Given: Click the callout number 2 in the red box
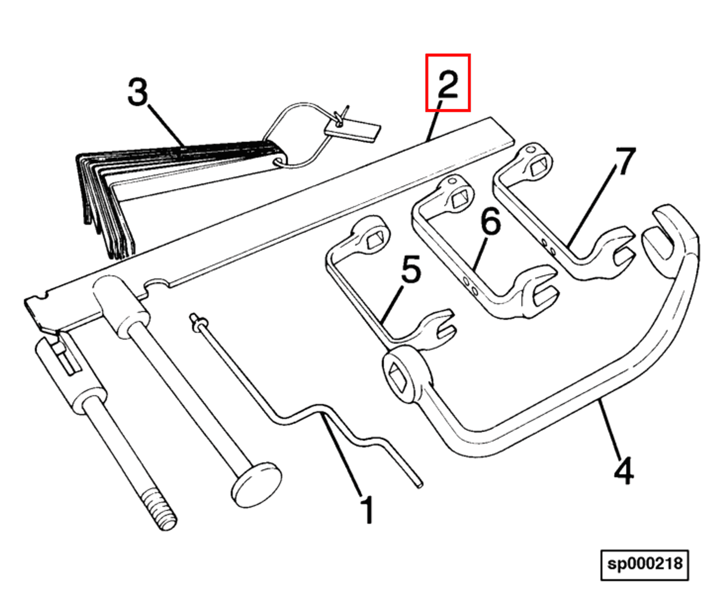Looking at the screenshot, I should coord(448,84).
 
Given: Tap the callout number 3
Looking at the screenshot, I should coord(138,92).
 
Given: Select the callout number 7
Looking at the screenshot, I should coord(625,161).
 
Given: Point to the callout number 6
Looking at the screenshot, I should coord(491,221).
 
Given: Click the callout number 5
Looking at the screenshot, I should coord(411,270).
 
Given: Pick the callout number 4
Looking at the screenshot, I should coord(624,470).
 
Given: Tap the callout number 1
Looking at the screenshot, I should coord(368,510).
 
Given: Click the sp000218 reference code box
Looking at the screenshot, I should coord(644,564).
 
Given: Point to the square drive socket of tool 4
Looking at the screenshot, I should coord(399,377).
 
